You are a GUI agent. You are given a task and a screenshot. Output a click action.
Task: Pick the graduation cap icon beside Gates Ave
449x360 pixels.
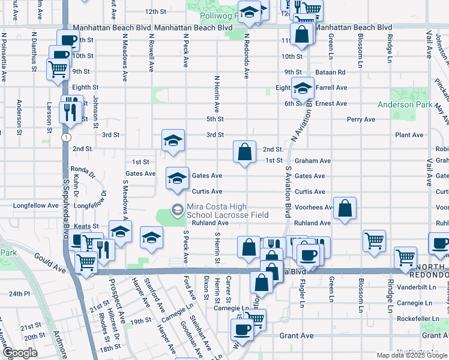tap(176, 178)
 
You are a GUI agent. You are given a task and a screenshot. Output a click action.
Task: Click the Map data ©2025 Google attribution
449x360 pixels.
tap(411, 355)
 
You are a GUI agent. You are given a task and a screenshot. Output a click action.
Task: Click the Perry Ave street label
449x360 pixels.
tap(361, 119)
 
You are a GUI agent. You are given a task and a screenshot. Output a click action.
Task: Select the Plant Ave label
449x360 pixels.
tap(410, 136)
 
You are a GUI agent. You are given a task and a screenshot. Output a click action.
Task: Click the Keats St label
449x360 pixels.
tap(86, 226)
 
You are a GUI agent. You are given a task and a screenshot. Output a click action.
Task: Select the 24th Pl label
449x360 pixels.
tap(19, 294)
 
